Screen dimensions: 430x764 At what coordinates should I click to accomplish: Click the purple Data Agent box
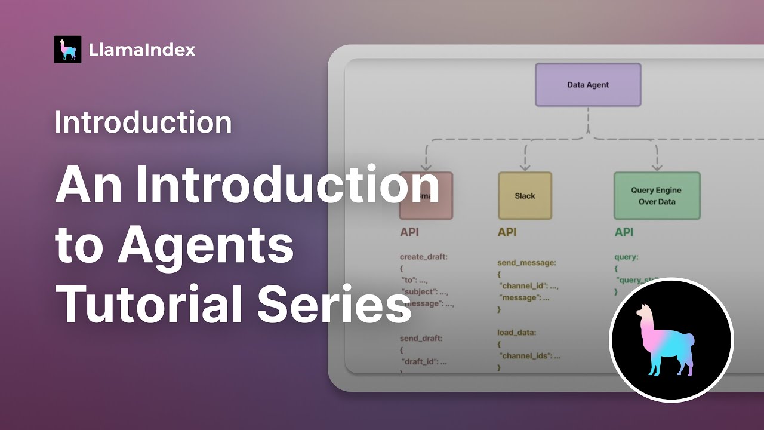[588, 85]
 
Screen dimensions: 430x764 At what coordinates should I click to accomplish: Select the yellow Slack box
[525, 196]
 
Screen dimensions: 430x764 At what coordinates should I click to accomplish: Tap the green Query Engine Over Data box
[657, 196]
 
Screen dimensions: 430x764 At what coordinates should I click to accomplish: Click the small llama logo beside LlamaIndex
[67, 50]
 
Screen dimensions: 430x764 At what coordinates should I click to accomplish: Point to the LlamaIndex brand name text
[142, 50]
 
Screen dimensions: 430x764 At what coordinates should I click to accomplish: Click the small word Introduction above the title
[143, 122]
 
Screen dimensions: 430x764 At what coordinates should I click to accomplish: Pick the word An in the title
[90, 186]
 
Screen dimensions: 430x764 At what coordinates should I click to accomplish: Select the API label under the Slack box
[507, 232]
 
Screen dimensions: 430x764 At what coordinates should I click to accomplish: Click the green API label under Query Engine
[624, 232]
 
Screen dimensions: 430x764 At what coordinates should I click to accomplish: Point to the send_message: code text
[527, 262]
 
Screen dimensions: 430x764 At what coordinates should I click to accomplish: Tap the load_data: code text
[517, 332]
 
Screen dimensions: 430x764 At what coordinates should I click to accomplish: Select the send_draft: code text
[421, 338]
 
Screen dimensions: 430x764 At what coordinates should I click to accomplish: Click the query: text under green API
[626, 257]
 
